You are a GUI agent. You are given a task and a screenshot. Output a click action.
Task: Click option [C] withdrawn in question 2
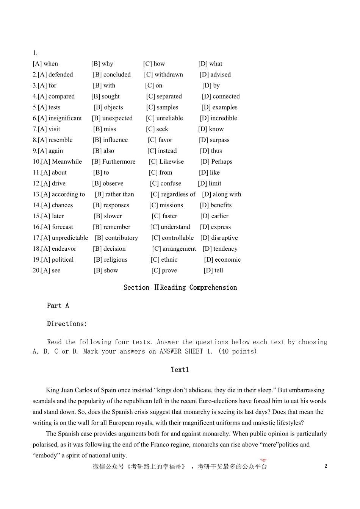point(163,75)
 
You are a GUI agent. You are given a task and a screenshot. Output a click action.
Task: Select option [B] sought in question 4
point(105,97)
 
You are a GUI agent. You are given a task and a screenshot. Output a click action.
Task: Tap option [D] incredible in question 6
point(218,118)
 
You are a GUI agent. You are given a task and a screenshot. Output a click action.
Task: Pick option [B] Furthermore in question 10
point(113,162)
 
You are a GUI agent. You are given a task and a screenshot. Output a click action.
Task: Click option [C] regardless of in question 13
point(173,194)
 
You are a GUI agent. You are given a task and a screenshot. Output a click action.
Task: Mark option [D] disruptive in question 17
point(219,238)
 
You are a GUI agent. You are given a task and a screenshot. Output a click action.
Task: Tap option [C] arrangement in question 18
point(174,249)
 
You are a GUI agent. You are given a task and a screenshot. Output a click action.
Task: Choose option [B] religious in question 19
point(110,260)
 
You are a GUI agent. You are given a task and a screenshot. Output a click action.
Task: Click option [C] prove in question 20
point(164,270)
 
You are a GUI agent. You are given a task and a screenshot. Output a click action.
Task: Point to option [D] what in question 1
point(210,64)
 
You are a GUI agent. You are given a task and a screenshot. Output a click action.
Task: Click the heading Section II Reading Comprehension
point(180,287)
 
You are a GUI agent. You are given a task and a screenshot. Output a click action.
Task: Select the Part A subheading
point(58,306)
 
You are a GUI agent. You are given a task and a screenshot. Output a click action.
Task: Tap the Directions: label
point(67,324)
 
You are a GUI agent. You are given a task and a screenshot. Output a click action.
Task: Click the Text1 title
point(180,370)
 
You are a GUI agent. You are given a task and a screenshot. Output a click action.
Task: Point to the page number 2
point(326,466)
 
